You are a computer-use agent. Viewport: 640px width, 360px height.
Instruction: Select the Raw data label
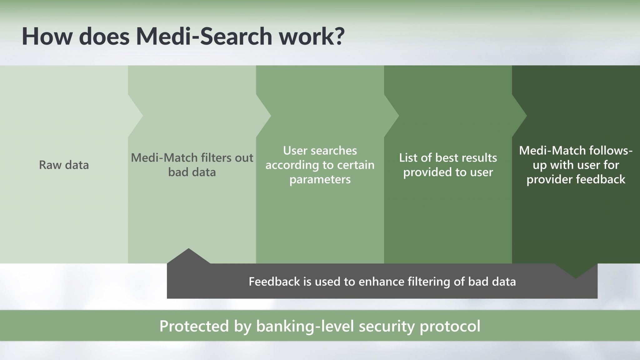coord(64,165)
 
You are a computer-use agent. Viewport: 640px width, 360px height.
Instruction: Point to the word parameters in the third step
coord(320,179)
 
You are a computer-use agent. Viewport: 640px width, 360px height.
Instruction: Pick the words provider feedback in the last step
coord(576,179)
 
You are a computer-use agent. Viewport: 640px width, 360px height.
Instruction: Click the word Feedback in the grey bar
coord(274,282)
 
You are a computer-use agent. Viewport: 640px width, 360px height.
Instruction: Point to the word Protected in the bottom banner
coord(194,326)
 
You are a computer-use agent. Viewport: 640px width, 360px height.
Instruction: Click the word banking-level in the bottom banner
coord(305,326)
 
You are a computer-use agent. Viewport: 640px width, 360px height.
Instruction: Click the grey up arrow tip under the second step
coord(188,249)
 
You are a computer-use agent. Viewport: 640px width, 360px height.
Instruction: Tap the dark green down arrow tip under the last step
coord(576,278)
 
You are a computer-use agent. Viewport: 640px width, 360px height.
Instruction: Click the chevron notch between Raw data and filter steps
coord(142,116)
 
